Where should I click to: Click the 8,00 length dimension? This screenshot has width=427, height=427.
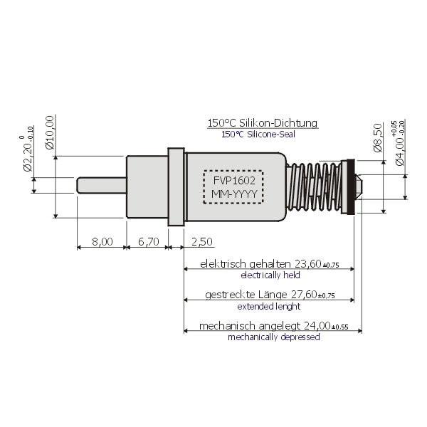[102, 242]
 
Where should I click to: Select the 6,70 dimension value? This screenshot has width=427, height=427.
[148, 242]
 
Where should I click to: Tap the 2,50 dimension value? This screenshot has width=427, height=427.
[203, 242]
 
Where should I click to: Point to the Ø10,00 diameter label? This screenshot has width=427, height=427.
[50, 133]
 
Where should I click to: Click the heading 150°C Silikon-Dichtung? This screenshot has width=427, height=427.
[263, 123]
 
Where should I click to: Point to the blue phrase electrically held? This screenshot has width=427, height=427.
[270, 275]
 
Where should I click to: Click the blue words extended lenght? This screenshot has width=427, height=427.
[270, 306]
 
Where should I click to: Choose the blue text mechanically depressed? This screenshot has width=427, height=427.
[273, 337]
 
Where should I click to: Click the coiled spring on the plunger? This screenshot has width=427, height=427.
[313, 186]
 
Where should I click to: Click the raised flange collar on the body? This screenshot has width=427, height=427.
[176, 186]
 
